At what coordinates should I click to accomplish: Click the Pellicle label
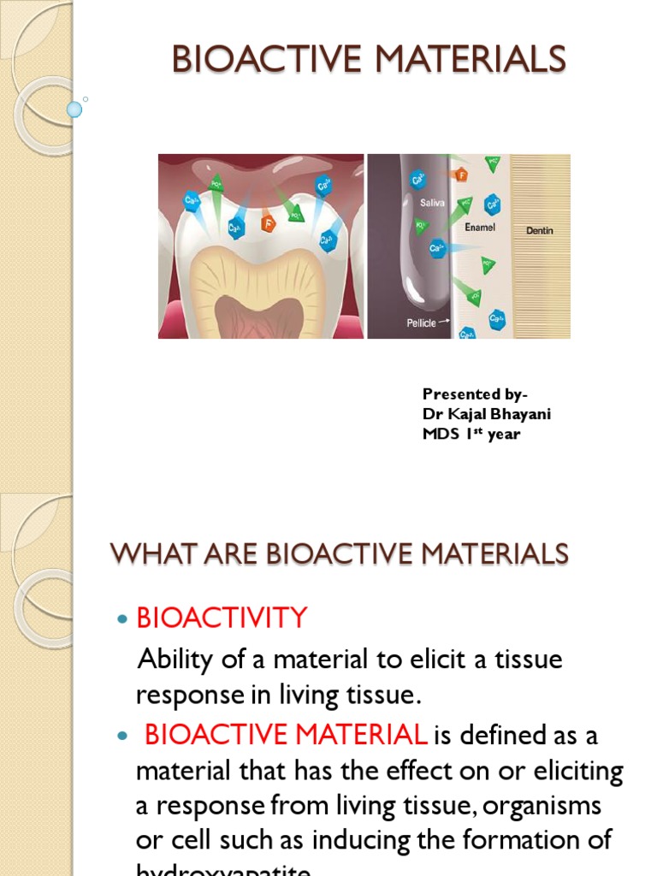pos(420,323)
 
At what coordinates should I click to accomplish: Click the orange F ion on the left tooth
pos(268,226)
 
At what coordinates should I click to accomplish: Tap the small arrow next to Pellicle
pos(445,323)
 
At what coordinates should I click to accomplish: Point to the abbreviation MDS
pos(438,435)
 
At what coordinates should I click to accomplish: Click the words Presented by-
pos(475,394)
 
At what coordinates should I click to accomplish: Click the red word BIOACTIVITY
pos(222,618)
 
